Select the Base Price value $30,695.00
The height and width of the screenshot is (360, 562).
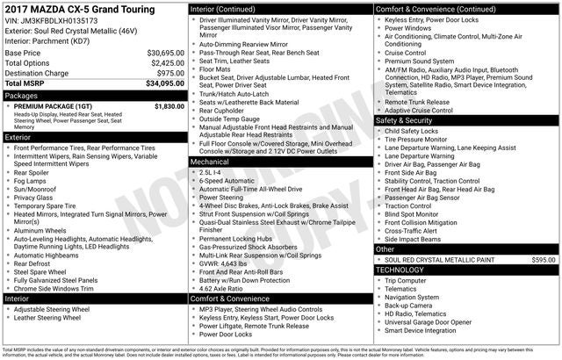pyautogui.click(x=165, y=54)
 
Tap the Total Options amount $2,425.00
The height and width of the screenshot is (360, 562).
pyautogui.click(x=167, y=63)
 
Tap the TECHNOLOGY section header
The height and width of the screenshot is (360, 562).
pyautogui.click(x=405, y=270)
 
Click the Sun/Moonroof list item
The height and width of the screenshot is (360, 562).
pyautogui.click(x=37, y=189)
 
